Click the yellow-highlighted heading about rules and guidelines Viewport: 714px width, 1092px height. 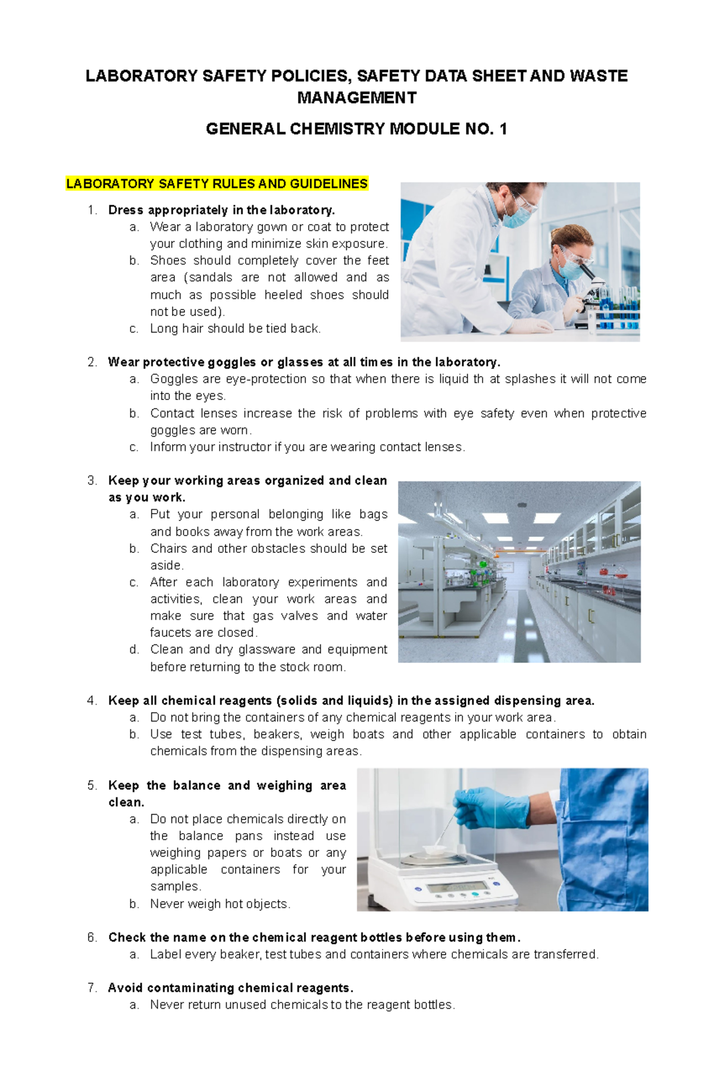[217, 184]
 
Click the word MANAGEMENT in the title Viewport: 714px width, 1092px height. [356, 98]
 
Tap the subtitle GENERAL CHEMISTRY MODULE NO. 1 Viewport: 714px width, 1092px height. [356, 129]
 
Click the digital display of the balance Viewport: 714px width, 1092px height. [452, 888]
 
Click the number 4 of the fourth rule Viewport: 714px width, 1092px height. [90, 701]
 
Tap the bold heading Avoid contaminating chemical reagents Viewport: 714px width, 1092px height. [231, 988]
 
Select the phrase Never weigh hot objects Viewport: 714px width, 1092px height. [220, 904]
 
